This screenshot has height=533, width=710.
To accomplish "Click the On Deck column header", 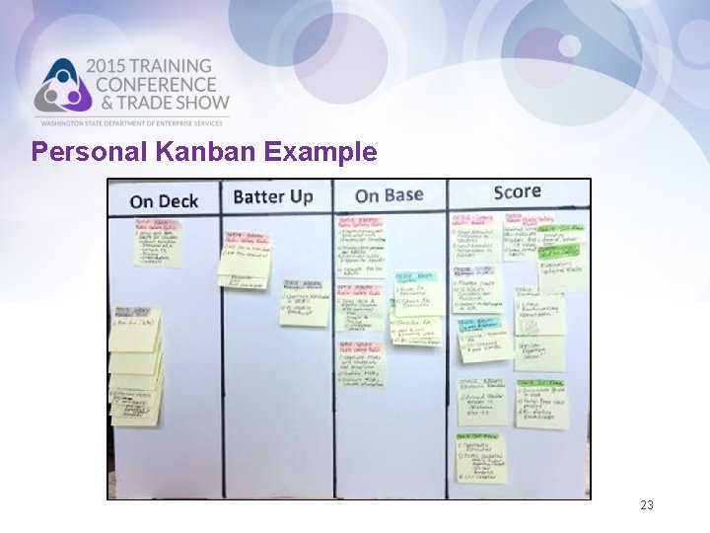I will [164, 201].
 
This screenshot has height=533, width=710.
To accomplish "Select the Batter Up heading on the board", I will [273, 196].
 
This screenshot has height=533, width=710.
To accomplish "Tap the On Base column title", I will [389, 195].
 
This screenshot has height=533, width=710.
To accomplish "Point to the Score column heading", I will [517, 191].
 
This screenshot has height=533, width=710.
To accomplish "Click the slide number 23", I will [647, 505].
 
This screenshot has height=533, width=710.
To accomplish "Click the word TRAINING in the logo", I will [173, 67].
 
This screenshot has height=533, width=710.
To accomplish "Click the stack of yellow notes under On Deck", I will [136, 365].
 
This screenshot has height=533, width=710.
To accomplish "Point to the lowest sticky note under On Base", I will [361, 363].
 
